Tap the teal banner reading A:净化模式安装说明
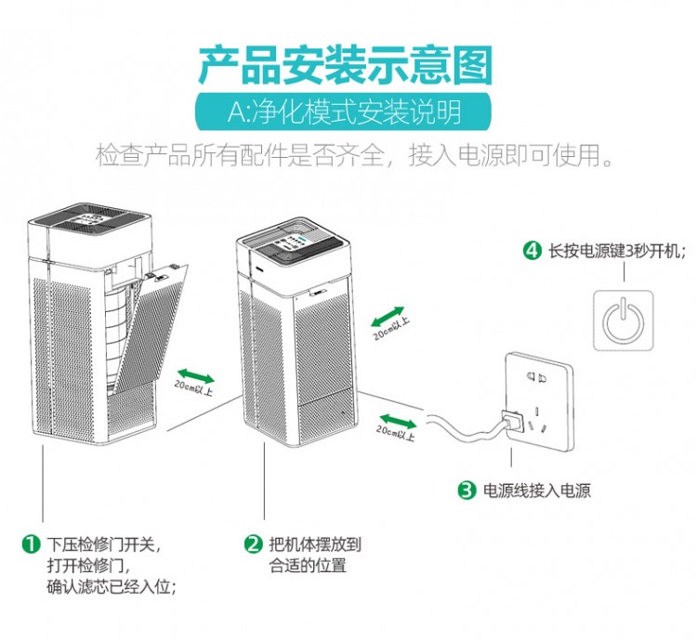(345, 114)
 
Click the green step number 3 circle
(467, 490)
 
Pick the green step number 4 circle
(532, 251)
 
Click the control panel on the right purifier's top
(288, 244)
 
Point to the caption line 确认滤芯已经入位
(112, 587)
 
